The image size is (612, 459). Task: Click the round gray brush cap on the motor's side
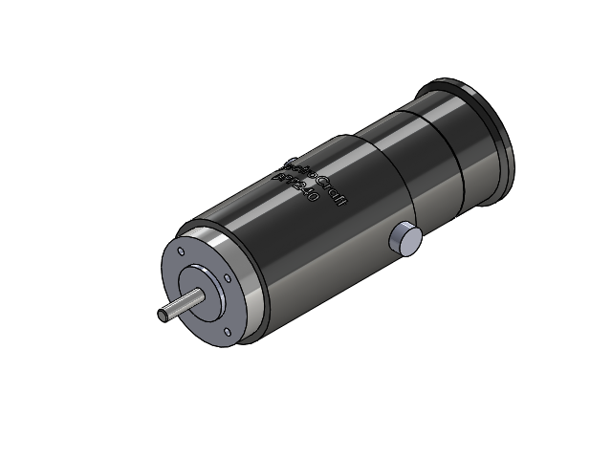(405, 241)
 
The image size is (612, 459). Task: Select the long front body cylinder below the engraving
(316, 258)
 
